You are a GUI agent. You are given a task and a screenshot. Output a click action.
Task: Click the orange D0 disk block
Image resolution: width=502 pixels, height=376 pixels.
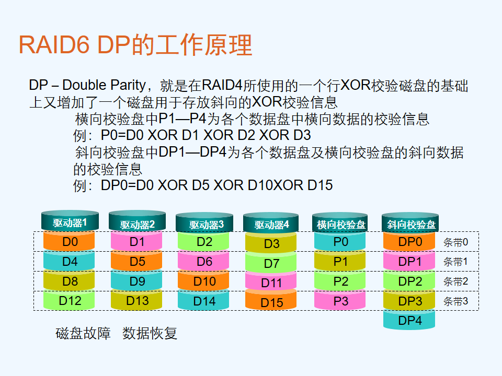(69, 241)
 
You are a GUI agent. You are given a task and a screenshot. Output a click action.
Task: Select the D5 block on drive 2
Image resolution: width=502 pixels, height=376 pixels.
(136, 261)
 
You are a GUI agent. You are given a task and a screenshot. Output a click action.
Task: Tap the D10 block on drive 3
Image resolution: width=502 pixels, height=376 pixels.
(203, 281)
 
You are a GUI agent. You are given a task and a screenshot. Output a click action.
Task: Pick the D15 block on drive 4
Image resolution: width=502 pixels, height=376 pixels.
(271, 301)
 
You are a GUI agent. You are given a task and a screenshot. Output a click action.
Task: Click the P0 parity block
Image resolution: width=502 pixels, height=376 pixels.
(340, 241)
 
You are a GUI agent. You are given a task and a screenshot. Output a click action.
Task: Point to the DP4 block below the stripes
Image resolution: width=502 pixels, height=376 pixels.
(409, 320)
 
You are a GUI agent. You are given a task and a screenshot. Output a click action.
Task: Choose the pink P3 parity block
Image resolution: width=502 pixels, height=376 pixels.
(340, 301)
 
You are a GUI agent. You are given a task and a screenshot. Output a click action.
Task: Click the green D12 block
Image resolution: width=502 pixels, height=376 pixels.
(69, 301)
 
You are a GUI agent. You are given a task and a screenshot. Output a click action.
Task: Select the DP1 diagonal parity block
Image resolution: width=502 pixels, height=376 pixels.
(409, 261)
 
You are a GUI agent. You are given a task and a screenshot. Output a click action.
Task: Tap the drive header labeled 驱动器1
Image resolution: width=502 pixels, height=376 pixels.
(70, 220)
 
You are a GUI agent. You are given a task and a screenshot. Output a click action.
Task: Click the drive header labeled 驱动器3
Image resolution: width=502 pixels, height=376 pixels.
(204, 222)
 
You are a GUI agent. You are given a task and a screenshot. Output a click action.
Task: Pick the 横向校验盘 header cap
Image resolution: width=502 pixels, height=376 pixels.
(340, 222)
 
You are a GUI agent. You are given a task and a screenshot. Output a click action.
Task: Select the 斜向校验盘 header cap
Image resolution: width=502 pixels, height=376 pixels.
(410, 222)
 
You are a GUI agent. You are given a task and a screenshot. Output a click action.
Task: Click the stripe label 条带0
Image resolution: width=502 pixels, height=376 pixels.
(455, 242)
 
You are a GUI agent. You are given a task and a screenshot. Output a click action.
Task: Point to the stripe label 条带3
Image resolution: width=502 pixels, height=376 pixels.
(455, 301)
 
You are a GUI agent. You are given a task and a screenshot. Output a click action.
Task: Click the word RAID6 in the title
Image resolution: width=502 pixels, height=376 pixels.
(54, 45)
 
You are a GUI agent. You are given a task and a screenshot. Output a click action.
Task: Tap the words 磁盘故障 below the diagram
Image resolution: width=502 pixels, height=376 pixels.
(83, 333)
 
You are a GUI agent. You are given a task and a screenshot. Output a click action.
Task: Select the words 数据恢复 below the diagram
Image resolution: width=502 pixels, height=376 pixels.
(150, 333)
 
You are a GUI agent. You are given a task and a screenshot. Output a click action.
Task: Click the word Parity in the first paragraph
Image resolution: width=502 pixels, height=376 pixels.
(128, 85)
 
